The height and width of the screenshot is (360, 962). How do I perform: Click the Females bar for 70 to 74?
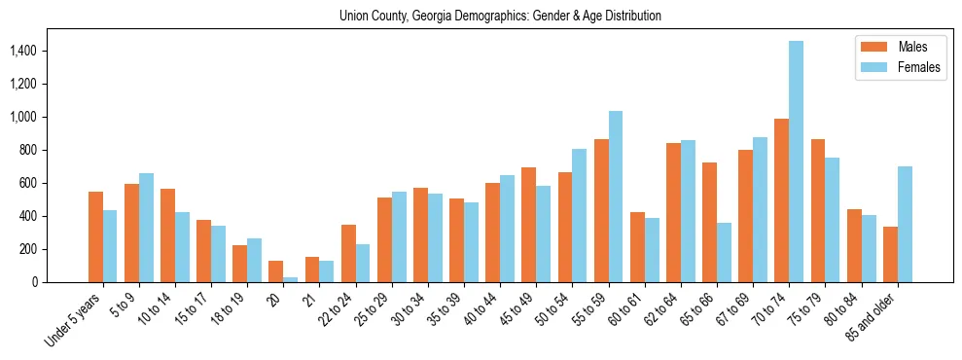(x=796, y=162)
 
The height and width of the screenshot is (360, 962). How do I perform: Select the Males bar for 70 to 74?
(x=781, y=200)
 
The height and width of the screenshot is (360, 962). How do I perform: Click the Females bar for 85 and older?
(x=905, y=224)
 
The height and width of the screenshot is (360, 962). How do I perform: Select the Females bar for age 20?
(x=290, y=279)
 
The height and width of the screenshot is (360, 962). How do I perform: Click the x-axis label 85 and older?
(x=875, y=316)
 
